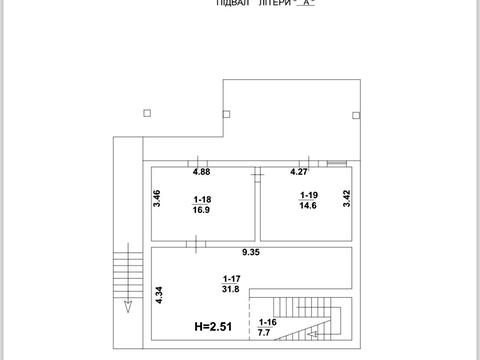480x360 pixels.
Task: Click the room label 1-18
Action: (202, 199)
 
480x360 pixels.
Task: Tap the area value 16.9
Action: (201, 210)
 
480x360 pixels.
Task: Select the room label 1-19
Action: (309, 195)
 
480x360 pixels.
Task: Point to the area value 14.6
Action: (308, 205)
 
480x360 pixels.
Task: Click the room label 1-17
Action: (232, 279)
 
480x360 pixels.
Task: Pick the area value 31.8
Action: (231, 289)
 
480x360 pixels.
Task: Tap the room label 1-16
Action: (268, 322)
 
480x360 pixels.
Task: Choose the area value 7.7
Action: (264, 332)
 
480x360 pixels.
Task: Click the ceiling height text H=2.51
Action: (213, 326)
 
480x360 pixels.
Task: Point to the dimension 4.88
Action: (202, 172)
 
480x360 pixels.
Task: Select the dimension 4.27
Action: (299, 172)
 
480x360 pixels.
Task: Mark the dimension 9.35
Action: (251, 252)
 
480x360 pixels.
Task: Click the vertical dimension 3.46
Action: (157, 198)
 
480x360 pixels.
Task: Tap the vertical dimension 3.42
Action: (347, 198)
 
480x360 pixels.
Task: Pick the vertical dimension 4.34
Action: (159, 295)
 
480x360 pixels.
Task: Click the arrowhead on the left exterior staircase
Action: (128, 307)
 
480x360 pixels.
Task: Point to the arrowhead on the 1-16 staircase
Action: (312, 334)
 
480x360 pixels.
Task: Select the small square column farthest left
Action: (147, 113)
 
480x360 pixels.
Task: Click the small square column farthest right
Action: (356, 115)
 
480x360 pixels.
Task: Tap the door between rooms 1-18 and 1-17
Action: (196, 244)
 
